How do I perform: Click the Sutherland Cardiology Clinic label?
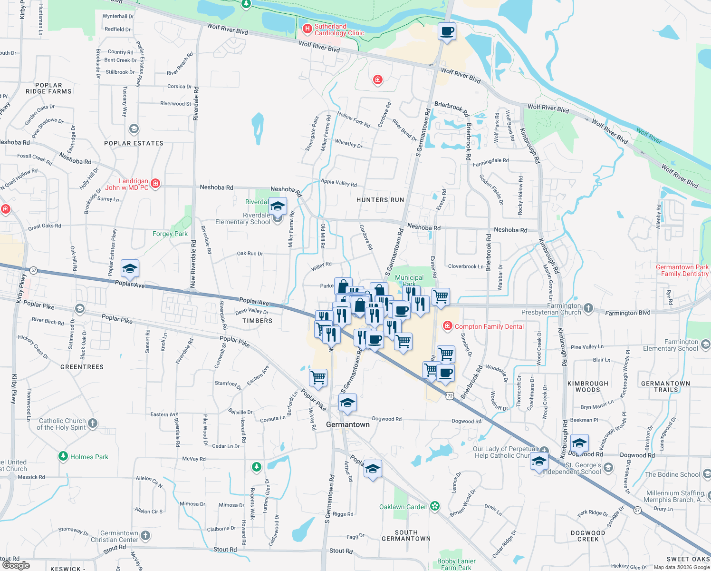(x=339, y=30)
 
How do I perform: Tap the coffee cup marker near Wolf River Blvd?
(x=446, y=32)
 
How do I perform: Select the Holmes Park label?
(x=89, y=457)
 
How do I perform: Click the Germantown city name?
(x=347, y=424)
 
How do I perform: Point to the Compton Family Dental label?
(x=489, y=326)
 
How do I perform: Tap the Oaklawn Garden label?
(x=404, y=507)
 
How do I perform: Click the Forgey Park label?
(x=170, y=234)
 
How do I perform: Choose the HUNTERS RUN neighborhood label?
(x=380, y=200)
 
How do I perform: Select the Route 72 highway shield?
(x=450, y=395)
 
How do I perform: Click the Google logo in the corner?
(x=16, y=565)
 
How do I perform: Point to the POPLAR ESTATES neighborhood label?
(x=134, y=143)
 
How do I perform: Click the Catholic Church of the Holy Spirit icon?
(x=93, y=423)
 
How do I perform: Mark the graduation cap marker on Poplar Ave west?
(x=130, y=269)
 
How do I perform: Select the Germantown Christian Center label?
(x=119, y=536)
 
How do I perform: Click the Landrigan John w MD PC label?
(x=126, y=184)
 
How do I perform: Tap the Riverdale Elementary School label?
(x=242, y=218)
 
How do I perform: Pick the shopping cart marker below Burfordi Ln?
(x=318, y=378)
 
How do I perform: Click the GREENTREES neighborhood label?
(x=82, y=367)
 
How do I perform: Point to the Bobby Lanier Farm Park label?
(x=456, y=564)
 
